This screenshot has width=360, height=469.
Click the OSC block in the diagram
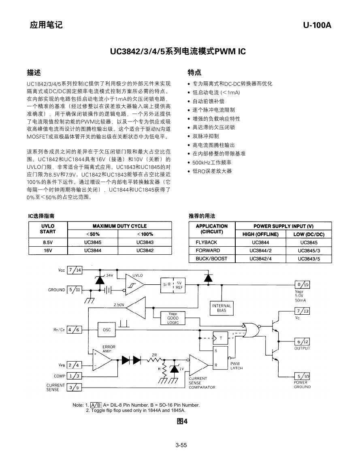107,330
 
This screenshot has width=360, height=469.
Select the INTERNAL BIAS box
222,308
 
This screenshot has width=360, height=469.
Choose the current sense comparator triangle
199,365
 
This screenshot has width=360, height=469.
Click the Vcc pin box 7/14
75,270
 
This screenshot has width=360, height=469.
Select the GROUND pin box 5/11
75,290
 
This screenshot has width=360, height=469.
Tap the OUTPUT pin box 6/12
302,341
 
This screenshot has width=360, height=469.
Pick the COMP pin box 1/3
75,376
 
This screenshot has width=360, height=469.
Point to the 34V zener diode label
110,275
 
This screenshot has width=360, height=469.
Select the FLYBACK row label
206,242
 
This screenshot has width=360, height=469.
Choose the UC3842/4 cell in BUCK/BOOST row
260,259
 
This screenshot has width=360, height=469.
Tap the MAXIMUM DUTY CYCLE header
119,226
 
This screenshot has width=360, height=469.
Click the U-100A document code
317,25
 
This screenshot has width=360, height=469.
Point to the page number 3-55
181,445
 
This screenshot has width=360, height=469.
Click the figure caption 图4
182,422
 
